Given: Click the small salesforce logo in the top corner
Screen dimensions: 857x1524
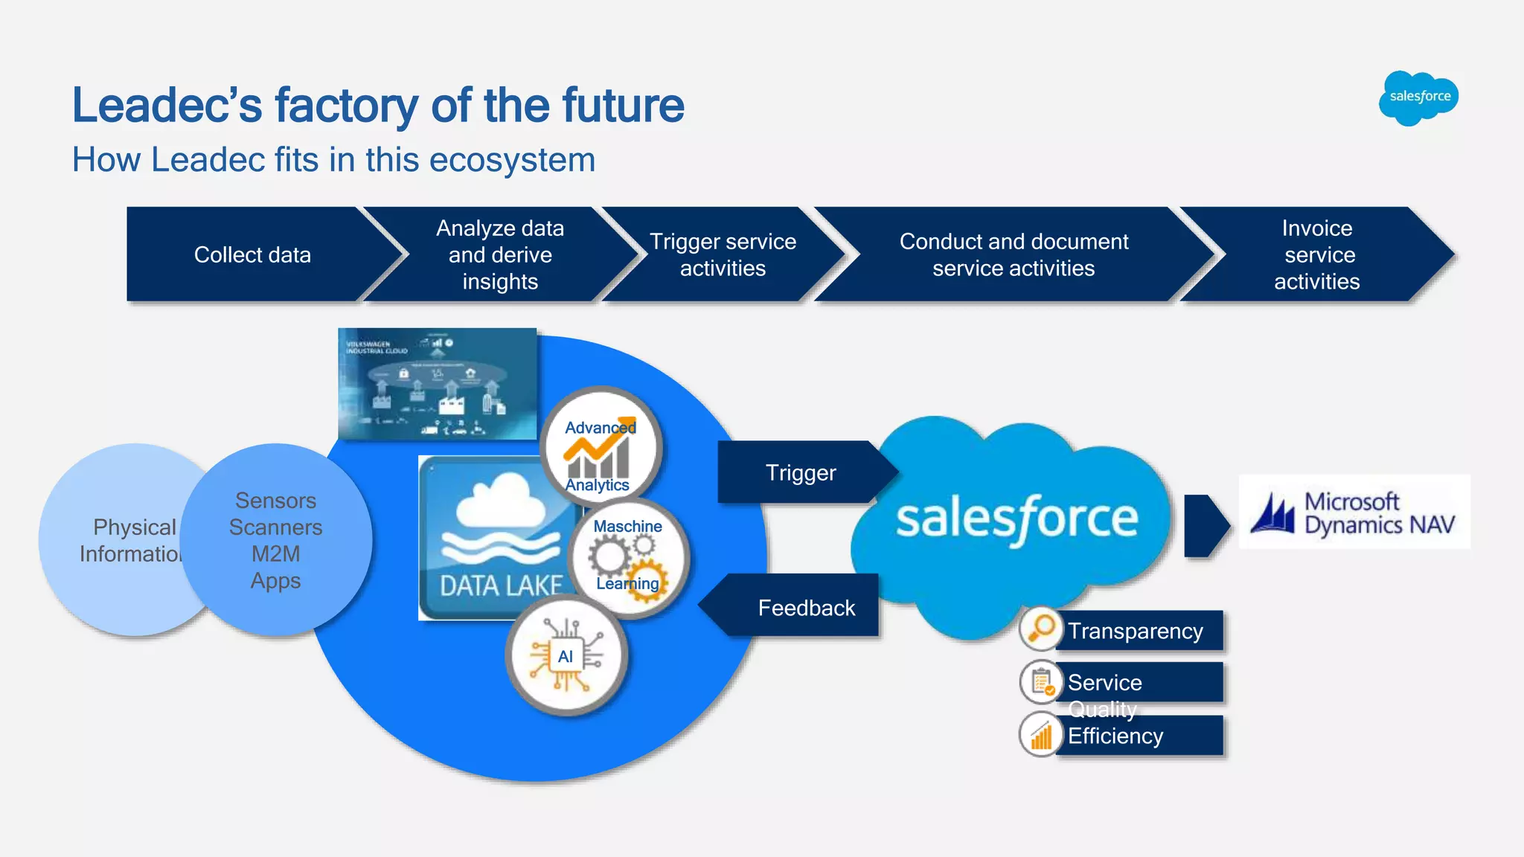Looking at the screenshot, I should [1419, 97].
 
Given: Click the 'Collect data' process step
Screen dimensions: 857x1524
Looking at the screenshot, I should [253, 255].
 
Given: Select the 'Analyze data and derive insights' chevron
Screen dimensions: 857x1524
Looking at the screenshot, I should [500, 255].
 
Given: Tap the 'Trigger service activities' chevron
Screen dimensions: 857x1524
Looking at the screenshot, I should [723, 255].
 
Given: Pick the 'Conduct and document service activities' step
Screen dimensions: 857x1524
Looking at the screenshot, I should [1014, 255].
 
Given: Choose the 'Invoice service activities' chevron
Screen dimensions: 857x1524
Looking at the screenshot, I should [1316, 255].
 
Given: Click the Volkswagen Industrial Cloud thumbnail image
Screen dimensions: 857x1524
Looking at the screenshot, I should [437, 384].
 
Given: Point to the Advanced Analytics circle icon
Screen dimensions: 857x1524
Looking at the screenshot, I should [601, 449].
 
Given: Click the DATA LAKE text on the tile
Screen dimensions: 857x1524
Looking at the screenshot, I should [501, 586].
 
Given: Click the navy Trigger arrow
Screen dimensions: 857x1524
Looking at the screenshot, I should [801, 473].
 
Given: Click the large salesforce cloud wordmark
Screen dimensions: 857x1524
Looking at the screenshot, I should [1016, 519].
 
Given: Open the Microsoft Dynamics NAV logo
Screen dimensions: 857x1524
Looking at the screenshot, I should [1354, 513].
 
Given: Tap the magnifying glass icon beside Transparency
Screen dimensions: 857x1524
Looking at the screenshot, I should [1040, 629].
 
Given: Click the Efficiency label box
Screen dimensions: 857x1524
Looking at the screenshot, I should [1139, 736].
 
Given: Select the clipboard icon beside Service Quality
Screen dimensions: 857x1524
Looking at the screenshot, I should [1041, 681].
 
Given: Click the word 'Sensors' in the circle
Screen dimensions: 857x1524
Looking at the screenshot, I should [275, 501].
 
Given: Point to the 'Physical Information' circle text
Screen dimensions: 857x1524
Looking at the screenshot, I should [130, 540].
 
